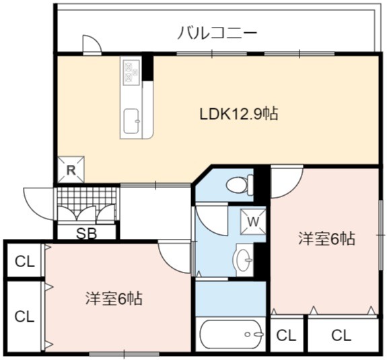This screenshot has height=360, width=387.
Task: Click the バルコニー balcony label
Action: pos(217,34)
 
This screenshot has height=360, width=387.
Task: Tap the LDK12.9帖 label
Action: pos(239,114)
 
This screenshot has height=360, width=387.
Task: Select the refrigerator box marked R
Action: pos(71,170)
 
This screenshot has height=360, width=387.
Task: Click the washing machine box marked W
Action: pos(253,222)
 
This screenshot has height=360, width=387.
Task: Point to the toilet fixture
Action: pos(240,185)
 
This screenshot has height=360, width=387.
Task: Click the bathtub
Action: pos(232,334)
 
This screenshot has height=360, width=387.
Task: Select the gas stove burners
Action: pos(131,71)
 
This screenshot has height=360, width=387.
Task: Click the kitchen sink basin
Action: pos(132,121)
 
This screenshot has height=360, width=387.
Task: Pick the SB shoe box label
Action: pos(86,233)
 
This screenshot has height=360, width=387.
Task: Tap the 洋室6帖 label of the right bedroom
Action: pos(327,239)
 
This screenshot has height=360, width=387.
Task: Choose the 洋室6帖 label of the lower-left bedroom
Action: pos(114,299)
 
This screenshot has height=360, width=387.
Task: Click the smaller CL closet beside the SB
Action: pos(24,260)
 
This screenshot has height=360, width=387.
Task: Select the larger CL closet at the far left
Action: pos(24,316)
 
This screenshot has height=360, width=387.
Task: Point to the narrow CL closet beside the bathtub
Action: pos(286,335)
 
